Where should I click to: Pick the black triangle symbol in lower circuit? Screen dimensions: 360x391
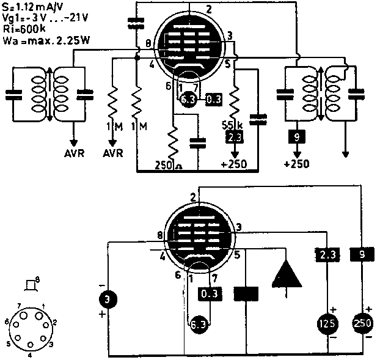(x=287, y=272)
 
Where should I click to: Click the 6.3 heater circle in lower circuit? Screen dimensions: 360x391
(x=197, y=323)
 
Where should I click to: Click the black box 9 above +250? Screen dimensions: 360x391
(x=297, y=138)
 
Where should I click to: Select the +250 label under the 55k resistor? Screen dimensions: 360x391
(x=234, y=164)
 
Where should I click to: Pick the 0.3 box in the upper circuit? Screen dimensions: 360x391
(x=214, y=100)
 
